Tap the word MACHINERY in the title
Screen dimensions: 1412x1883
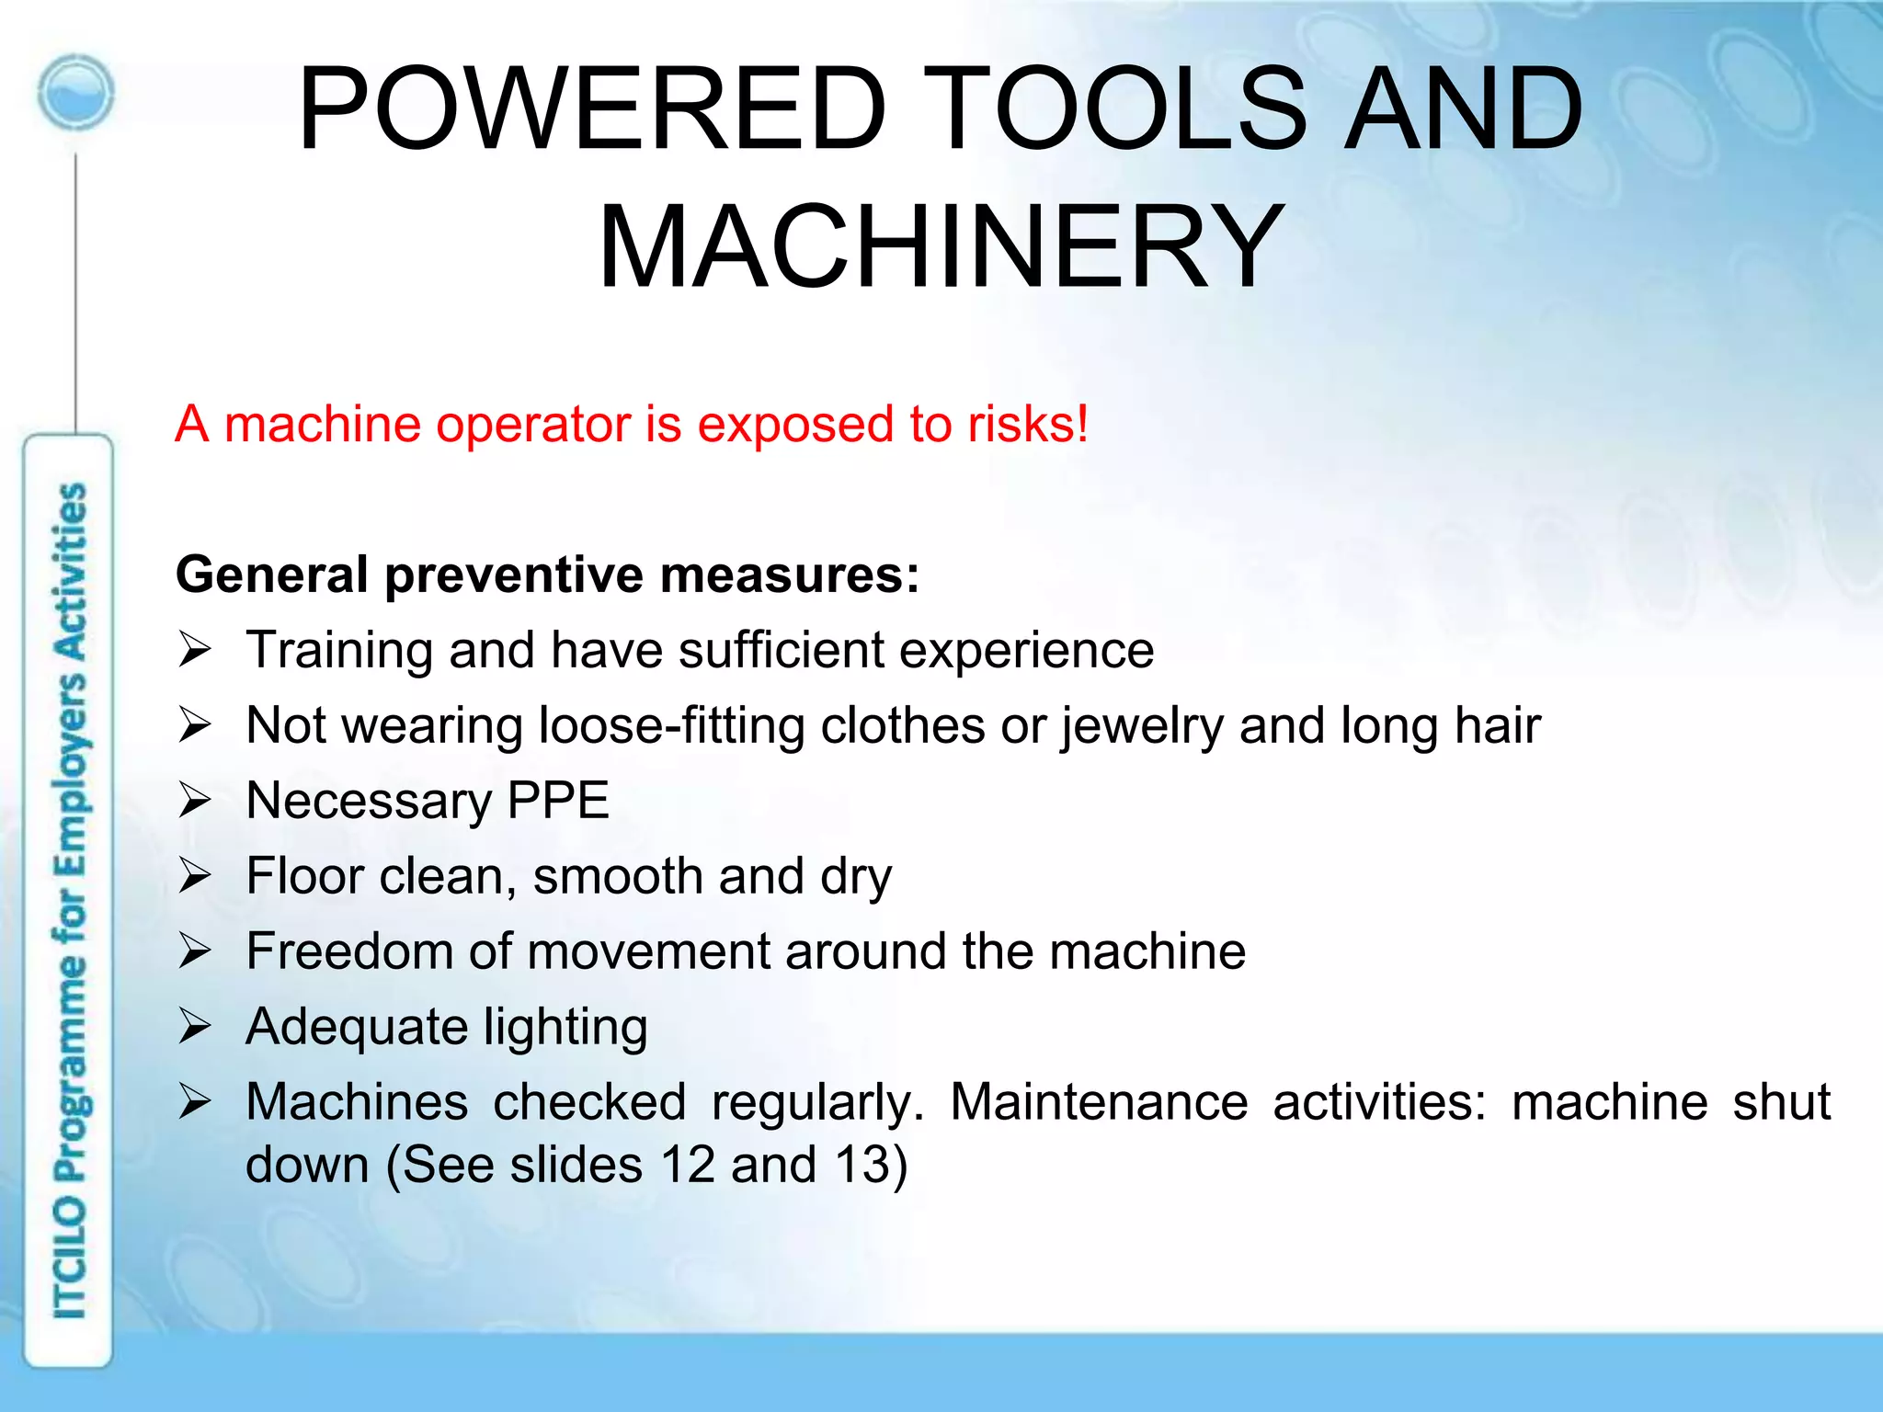pyautogui.click(x=941, y=248)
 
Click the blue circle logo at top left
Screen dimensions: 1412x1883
pyautogui.click(x=76, y=92)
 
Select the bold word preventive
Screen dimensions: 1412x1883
pyautogui.click(x=514, y=575)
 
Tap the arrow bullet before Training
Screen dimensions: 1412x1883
pyautogui.click(x=195, y=651)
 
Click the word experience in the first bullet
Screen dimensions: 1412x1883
pyautogui.click(x=1026, y=652)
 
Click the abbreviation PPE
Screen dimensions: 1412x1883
pyautogui.click(x=558, y=801)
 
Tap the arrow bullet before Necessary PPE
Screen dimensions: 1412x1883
pyautogui.click(x=195, y=801)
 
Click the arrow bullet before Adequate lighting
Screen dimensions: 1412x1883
pyautogui.click(x=195, y=1027)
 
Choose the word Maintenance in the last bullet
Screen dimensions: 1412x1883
pyautogui.click(x=1099, y=1101)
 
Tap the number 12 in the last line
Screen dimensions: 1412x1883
pyautogui.click(x=687, y=1165)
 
